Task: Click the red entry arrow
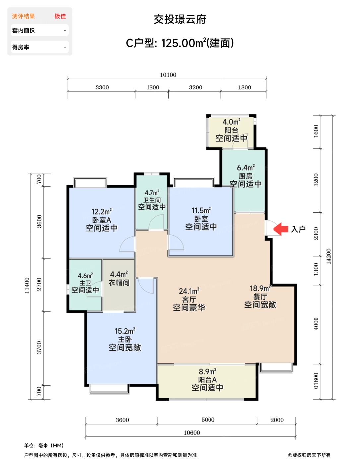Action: [281, 229]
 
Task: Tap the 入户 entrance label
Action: [298, 229]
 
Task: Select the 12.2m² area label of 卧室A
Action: [102, 212]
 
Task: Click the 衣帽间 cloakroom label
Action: [119, 283]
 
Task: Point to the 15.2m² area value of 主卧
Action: [125, 331]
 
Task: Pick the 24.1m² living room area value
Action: [189, 291]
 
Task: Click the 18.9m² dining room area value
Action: [260, 288]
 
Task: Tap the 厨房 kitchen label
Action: [246, 176]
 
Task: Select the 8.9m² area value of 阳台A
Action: [208, 371]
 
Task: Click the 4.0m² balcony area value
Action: [231, 122]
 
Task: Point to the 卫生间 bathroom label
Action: [152, 200]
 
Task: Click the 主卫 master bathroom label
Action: [85, 283]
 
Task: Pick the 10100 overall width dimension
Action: [168, 75]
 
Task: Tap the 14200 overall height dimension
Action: [329, 257]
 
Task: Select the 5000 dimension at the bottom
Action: [208, 420]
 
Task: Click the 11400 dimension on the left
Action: [27, 285]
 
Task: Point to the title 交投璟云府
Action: [180, 19]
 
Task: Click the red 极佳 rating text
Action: [60, 16]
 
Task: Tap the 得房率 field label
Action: [21, 47]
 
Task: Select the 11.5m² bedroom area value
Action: [201, 210]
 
